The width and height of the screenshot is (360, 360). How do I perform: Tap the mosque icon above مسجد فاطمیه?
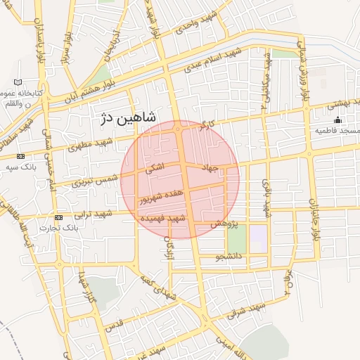337,120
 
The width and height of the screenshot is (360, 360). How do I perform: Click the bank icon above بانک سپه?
20,156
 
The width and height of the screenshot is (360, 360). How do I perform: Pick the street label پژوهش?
226,223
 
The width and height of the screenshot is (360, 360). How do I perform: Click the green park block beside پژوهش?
236,239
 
